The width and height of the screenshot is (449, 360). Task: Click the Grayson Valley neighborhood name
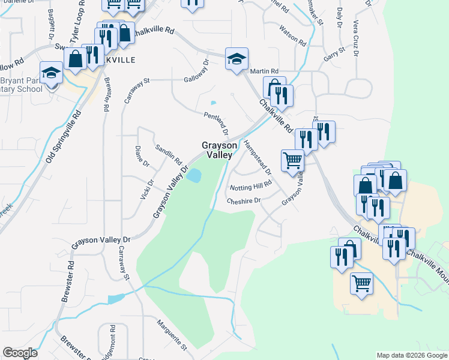(216, 150)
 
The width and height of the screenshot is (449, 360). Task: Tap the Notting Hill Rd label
(251, 187)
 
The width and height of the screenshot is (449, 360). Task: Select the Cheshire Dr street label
(244, 201)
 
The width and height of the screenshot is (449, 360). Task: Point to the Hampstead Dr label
(257, 158)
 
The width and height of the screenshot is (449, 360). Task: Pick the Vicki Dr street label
(146, 191)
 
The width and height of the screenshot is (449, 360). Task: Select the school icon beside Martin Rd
(237, 59)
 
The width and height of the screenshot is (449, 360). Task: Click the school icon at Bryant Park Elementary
(52, 73)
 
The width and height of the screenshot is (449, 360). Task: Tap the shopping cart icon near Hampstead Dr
(292, 160)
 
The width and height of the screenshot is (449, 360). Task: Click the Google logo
(20, 353)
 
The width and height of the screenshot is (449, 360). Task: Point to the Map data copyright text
(411, 355)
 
